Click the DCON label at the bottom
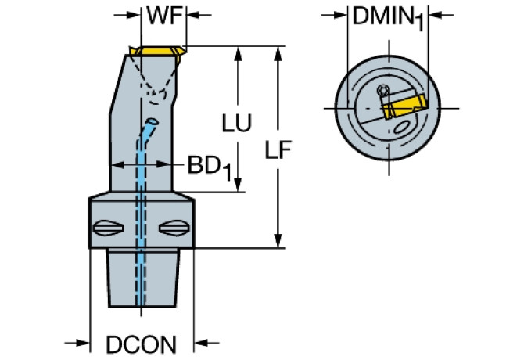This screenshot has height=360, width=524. (140, 344)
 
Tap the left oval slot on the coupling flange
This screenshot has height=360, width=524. (108, 229)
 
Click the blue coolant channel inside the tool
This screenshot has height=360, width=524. (142, 219)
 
